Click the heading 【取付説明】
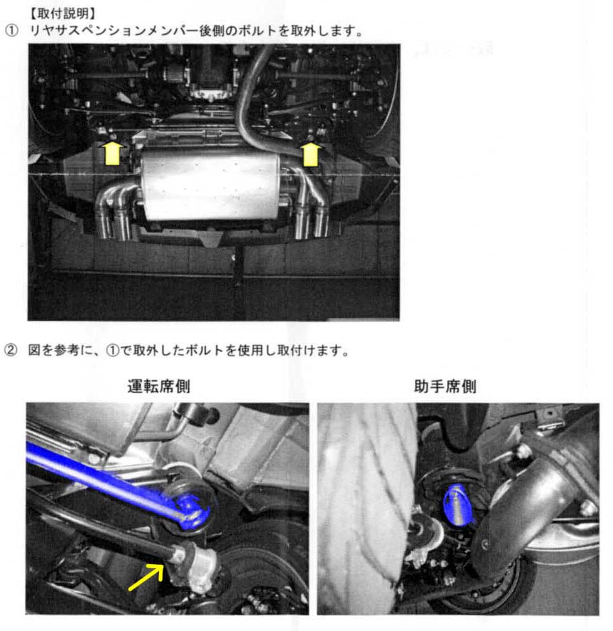(x=63, y=13)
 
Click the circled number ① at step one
(x=11, y=31)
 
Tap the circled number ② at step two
(x=11, y=351)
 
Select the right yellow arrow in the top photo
(x=310, y=154)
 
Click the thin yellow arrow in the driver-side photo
(x=146, y=577)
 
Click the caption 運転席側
(x=159, y=386)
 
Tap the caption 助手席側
(x=445, y=386)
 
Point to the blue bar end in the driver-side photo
(x=192, y=511)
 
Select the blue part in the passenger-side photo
(x=458, y=505)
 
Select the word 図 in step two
(x=35, y=351)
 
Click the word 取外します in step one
(x=323, y=31)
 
